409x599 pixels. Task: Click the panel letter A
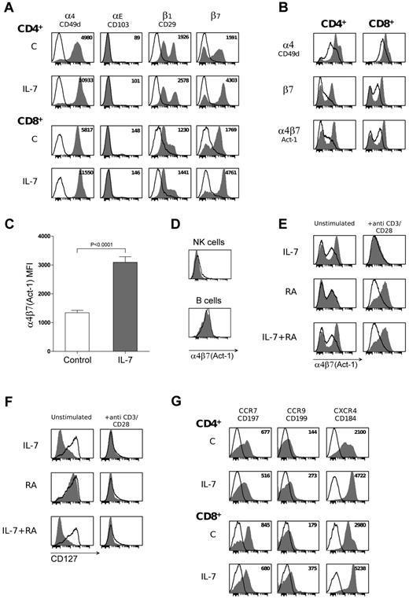6,7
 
